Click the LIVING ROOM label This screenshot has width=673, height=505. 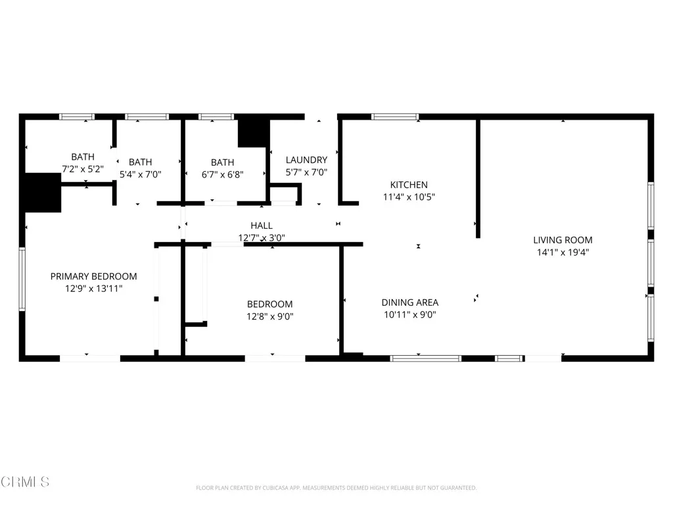click(x=562, y=240)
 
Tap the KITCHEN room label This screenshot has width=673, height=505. click(x=409, y=185)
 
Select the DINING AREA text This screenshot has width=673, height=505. click(x=409, y=302)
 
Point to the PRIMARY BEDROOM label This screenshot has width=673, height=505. click(x=93, y=276)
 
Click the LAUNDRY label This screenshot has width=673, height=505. click(x=306, y=160)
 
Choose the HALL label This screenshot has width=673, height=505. click(x=261, y=226)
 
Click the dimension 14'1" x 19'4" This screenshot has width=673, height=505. click(x=562, y=252)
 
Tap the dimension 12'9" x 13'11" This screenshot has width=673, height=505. click(x=93, y=288)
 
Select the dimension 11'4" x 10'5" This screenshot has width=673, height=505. click(x=409, y=197)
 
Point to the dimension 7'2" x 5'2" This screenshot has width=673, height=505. click(x=83, y=168)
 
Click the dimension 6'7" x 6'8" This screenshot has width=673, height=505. click(x=222, y=174)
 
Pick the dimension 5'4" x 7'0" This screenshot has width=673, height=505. click(x=140, y=174)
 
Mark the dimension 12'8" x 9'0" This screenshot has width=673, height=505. click(x=269, y=316)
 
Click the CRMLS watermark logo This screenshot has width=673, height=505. click(x=25, y=482)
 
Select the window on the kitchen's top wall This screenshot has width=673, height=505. click(x=394, y=117)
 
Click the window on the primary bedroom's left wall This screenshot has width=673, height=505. click(x=22, y=279)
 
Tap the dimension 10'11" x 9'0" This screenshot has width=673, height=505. click(x=409, y=314)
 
